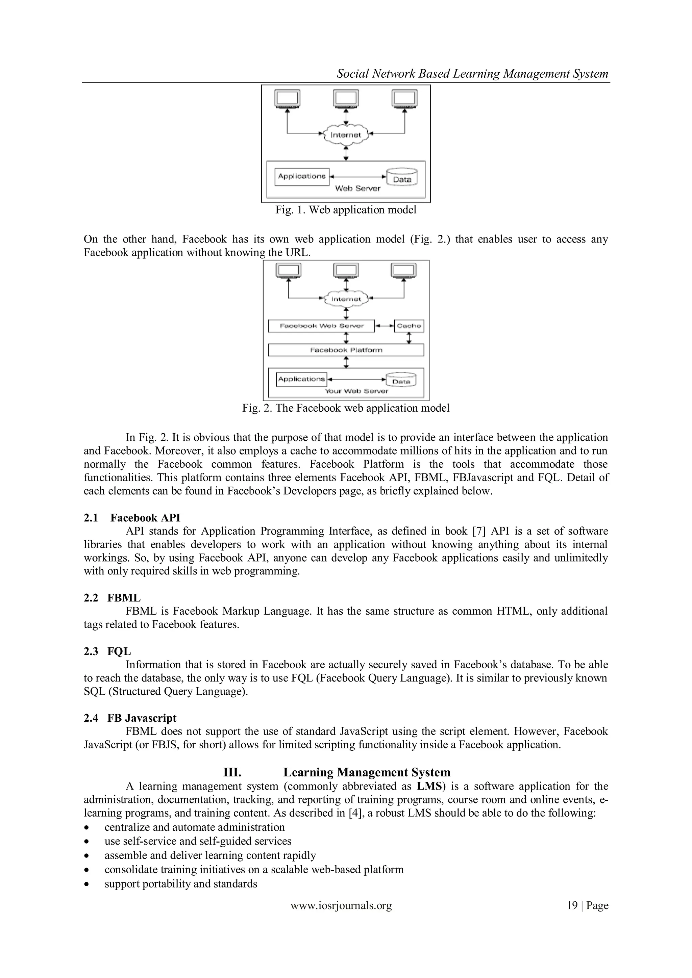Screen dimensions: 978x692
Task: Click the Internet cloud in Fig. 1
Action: pyautogui.click(x=346, y=135)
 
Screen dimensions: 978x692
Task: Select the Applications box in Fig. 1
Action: pyautogui.click(x=302, y=176)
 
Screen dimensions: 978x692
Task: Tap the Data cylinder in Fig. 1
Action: pyautogui.click(x=402, y=178)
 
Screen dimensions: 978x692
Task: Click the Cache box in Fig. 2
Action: pyautogui.click(x=409, y=326)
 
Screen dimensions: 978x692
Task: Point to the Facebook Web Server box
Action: pyautogui.click(x=321, y=326)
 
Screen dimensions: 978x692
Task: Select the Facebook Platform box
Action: pyautogui.click(x=346, y=350)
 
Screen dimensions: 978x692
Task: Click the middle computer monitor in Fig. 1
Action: pyautogui.click(x=346, y=99)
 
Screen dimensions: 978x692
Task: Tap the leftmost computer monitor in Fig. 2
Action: pyautogui.click(x=289, y=271)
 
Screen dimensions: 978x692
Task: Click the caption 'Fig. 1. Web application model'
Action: pyautogui.click(x=346, y=210)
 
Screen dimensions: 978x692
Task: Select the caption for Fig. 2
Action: pyautogui.click(x=346, y=408)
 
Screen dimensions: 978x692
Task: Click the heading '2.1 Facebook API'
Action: pyautogui.click(x=132, y=518)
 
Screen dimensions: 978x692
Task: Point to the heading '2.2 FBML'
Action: pyautogui.click(x=112, y=598)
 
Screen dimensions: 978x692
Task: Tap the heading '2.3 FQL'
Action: pyautogui.click(x=107, y=651)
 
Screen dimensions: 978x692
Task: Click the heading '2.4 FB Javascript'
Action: pyautogui.click(x=130, y=718)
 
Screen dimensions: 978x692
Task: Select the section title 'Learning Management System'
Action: pyautogui.click(x=367, y=772)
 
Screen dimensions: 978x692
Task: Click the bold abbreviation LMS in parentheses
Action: pyautogui.click(x=429, y=786)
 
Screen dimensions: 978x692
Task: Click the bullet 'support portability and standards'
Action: pyautogui.click(x=181, y=884)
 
